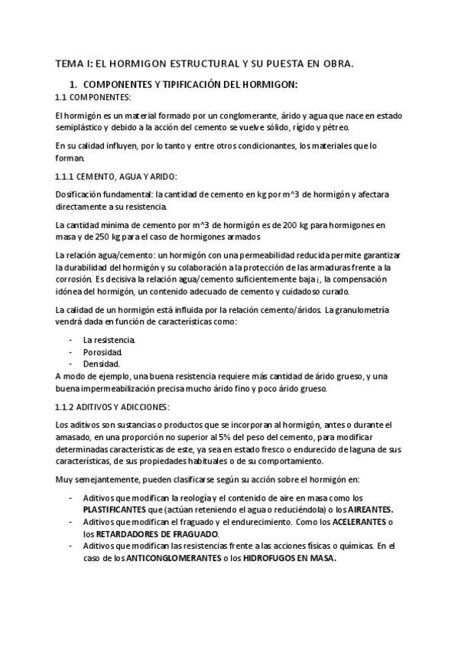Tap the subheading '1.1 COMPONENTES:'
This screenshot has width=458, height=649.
[93, 97]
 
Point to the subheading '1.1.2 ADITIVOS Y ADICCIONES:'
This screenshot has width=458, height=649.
[113, 406]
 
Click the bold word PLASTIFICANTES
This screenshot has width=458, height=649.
[119, 509]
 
